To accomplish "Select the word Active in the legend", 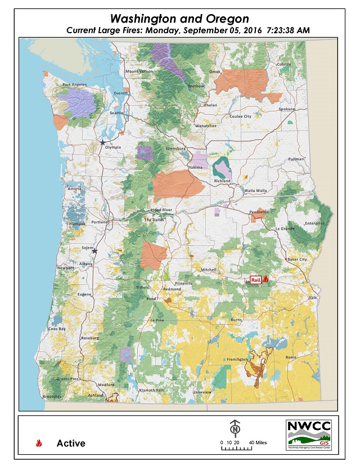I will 71,443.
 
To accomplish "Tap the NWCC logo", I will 309,434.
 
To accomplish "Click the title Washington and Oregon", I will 179,19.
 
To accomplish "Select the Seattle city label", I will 116,113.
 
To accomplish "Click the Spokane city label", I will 286,109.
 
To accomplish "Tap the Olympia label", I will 112,147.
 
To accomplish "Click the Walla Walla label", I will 255,191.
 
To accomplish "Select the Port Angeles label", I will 74,85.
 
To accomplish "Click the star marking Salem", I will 94,251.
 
